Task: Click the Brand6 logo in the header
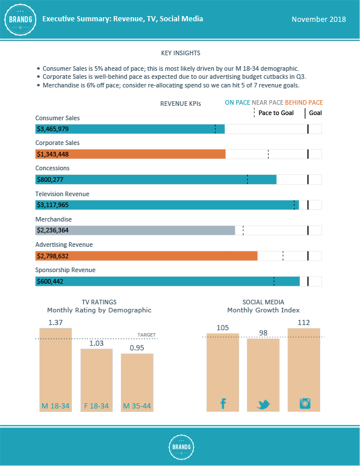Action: [21, 19]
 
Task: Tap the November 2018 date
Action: [319, 19]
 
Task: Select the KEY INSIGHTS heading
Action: [181, 53]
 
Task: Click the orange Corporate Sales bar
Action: [131, 154]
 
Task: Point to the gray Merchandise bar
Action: [135, 230]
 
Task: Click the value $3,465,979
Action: [53, 129]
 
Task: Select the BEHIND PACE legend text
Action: [304, 102]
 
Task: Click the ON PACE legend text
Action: [238, 102]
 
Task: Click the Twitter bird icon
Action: [263, 404]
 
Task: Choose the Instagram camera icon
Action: [304, 403]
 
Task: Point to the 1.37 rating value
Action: [55, 322]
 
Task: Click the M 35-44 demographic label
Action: [137, 406]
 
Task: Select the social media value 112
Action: [304, 322]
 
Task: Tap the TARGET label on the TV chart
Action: [147, 335]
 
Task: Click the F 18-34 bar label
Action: [96, 406]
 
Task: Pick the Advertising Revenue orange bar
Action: [147, 255]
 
